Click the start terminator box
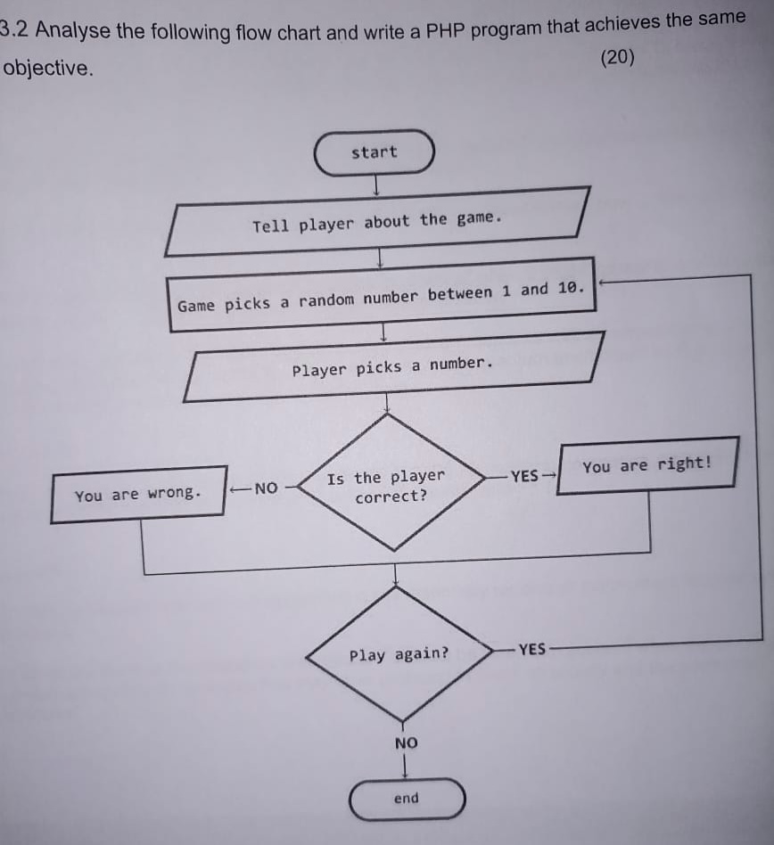(375, 152)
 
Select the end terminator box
(407, 798)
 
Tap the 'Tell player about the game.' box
(377, 221)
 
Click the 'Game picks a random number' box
(382, 296)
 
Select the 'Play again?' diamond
(399, 654)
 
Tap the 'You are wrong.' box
(138, 494)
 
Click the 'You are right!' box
(647, 464)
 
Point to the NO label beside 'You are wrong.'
(266, 488)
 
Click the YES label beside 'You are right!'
(525, 475)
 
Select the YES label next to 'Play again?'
(531, 649)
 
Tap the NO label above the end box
(406, 743)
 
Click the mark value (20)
(618, 58)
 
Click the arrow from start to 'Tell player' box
(377, 185)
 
